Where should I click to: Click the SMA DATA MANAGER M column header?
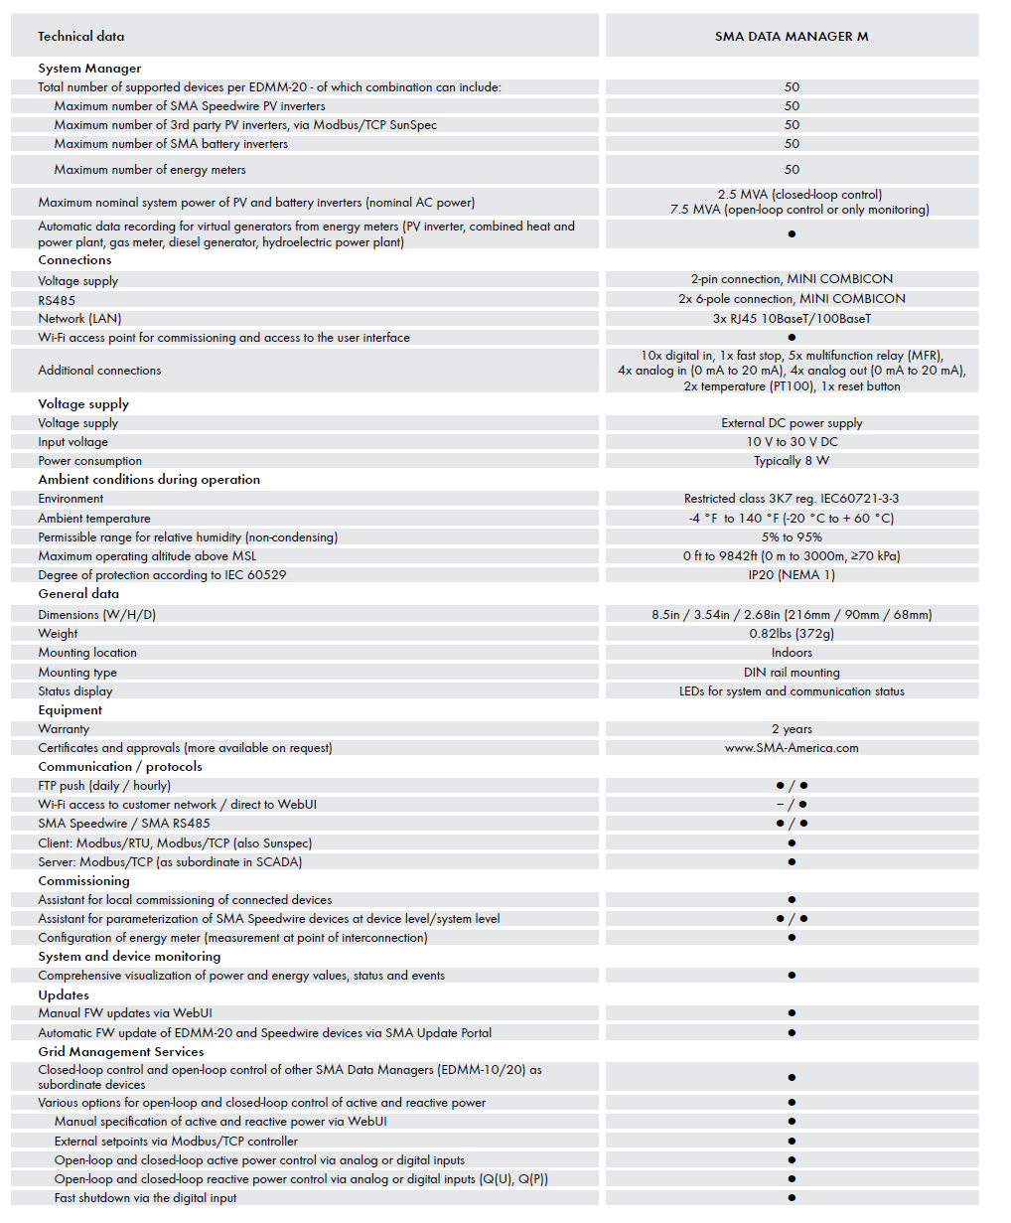(x=792, y=37)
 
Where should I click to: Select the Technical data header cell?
(x=81, y=37)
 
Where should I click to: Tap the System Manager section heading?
(x=89, y=69)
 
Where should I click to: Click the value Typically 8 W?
(x=792, y=461)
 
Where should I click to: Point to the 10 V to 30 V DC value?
(x=792, y=442)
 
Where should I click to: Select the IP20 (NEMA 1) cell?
(x=792, y=575)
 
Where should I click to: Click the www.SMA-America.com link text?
(x=792, y=748)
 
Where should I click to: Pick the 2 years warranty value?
(x=792, y=729)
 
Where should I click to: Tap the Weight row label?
(x=58, y=634)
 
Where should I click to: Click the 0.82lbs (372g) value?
(x=792, y=634)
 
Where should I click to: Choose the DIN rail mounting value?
(x=792, y=673)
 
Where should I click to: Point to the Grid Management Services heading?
(x=121, y=1052)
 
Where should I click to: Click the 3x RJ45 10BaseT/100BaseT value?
(x=792, y=319)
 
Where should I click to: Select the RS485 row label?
(x=57, y=300)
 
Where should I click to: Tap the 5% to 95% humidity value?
(x=792, y=537)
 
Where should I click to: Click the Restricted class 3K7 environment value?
(x=792, y=499)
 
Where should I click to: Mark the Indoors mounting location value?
(x=792, y=653)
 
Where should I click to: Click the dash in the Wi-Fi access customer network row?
(x=780, y=805)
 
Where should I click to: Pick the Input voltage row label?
(x=73, y=442)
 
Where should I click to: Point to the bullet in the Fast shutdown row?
(x=792, y=1198)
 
